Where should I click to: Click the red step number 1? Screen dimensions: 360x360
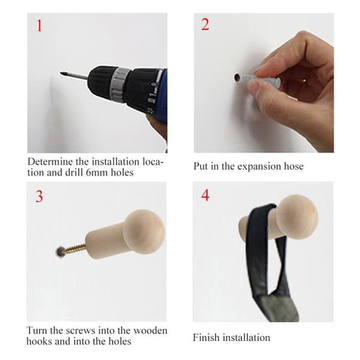(40, 25)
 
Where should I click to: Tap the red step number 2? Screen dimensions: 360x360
(205, 25)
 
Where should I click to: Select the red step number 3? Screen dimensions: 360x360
(39, 196)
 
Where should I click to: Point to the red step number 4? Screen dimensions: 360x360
(205, 195)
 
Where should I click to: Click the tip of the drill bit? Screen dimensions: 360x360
(61, 73)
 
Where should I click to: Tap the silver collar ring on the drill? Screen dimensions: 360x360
(118, 85)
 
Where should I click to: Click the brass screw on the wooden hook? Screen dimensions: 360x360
(74, 249)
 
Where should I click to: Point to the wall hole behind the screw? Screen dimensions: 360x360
(59, 252)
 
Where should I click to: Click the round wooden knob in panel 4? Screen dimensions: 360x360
(296, 215)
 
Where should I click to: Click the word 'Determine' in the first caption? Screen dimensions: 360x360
(50, 162)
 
